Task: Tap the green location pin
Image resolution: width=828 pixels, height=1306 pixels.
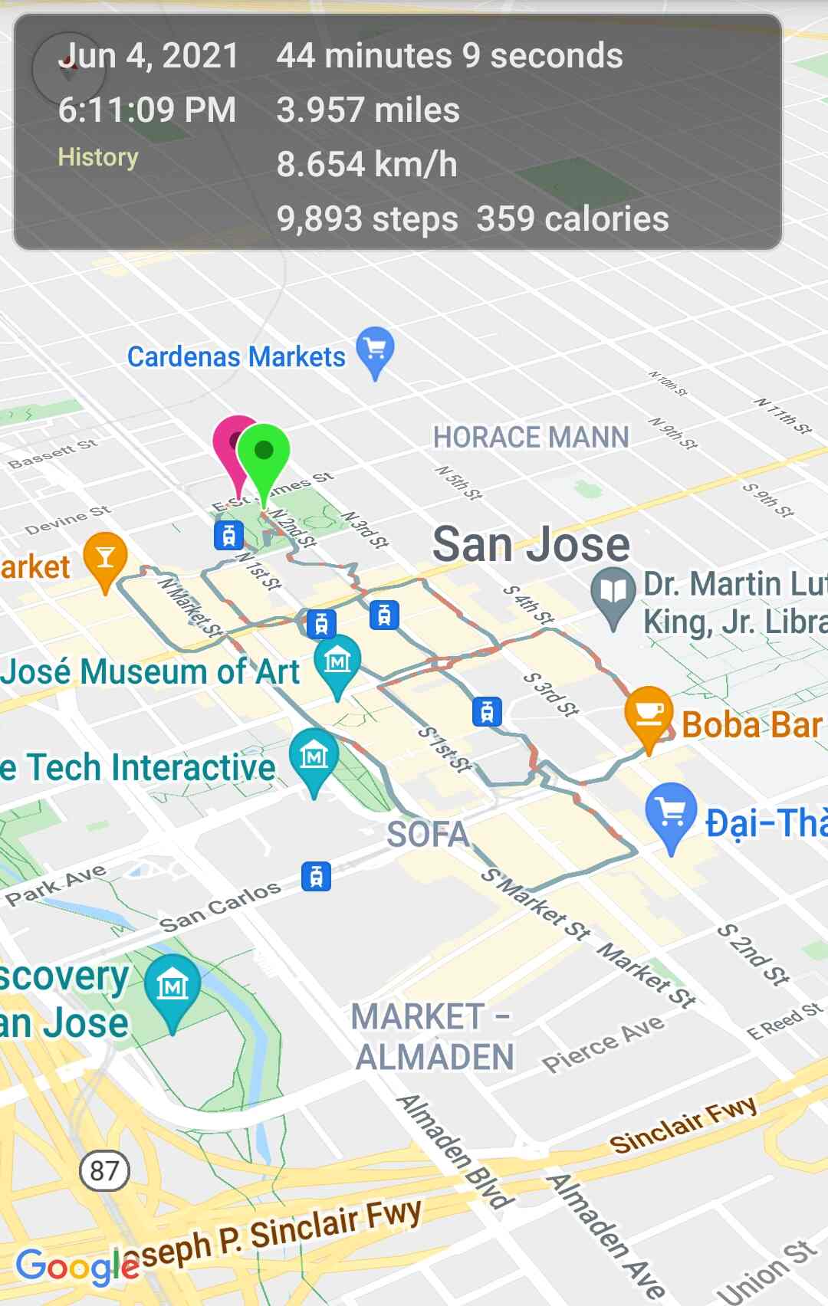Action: pos(263,452)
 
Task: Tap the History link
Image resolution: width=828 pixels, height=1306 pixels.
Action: pos(98,157)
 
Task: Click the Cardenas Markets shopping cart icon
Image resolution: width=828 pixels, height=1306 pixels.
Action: pos(375,349)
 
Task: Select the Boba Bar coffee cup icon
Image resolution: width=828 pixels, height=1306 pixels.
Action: pos(649,713)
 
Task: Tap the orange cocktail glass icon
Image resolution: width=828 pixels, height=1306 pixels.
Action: pos(105,557)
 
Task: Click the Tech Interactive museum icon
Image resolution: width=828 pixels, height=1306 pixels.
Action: pos(314,756)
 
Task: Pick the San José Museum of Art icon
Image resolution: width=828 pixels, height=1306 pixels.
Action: pos(337,661)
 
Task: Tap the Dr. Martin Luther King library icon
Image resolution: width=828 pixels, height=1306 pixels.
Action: pos(613,592)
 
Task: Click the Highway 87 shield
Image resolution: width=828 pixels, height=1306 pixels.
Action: pos(104,1170)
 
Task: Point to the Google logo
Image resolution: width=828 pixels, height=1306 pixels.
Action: pos(77,1266)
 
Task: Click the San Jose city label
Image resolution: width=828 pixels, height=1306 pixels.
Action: pos(531,544)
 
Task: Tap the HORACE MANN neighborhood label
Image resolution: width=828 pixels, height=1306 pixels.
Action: pos(531,438)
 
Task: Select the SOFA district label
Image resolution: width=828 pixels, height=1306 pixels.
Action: pos(428,835)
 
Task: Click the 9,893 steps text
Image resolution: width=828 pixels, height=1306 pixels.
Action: pos(367,219)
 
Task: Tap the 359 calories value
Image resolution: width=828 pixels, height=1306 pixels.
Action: pos(573,219)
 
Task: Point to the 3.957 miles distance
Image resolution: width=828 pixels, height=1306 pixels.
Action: pos(368,110)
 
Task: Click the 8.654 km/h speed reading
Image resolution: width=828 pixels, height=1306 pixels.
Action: pos(366,165)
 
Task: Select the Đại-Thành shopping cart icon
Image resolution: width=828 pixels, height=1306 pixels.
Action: pos(671,812)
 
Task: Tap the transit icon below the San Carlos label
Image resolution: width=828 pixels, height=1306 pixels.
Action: pos(316,875)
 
